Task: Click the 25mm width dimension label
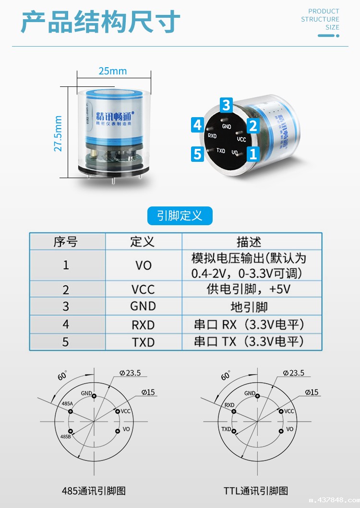tap(113, 71)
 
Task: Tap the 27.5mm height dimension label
tap(59, 133)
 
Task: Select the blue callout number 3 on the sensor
tap(227, 105)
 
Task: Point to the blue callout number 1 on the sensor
tap(253, 154)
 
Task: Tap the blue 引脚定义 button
tap(180, 216)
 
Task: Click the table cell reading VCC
tap(143, 289)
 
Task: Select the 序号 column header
tap(66, 242)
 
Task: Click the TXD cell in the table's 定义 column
tap(143, 342)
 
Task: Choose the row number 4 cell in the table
tap(66, 324)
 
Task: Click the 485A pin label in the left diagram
tap(67, 404)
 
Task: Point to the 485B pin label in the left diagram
tap(66, 437)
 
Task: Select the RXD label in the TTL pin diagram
tap(229, 405)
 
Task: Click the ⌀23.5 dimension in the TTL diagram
tap(293, 373)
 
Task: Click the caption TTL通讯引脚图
tap(256, 491)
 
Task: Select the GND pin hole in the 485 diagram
tap(95, 396)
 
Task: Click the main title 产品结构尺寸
tap(100, 22)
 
